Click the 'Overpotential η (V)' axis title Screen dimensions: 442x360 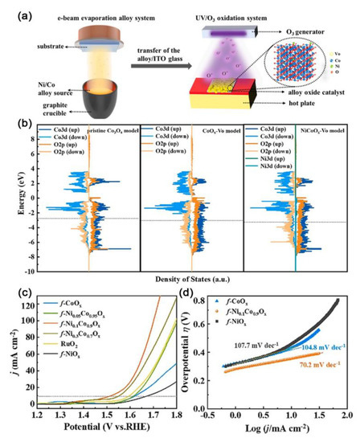pos(198,353)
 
